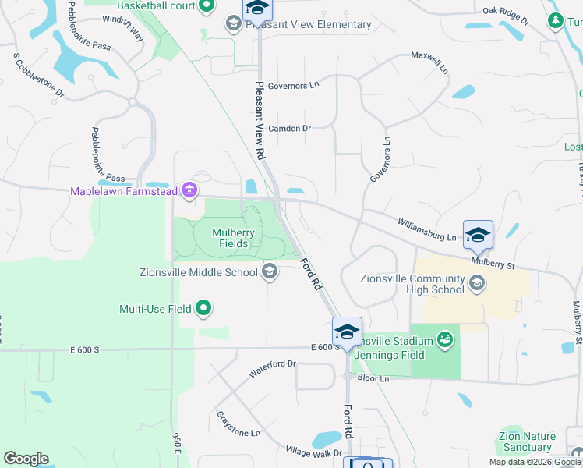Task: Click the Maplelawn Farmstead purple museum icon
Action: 189,190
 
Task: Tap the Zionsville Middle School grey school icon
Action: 270,272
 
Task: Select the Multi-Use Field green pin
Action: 203,309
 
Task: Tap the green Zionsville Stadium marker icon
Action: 445,340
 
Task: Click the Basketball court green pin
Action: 207,7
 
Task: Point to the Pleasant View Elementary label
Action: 309,24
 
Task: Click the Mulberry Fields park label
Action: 231,237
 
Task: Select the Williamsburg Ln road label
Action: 426,230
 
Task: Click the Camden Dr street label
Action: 289,128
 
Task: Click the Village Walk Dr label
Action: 314,452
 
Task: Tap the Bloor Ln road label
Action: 373,378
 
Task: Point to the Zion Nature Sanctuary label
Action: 528,442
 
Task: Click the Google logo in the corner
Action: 26,459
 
